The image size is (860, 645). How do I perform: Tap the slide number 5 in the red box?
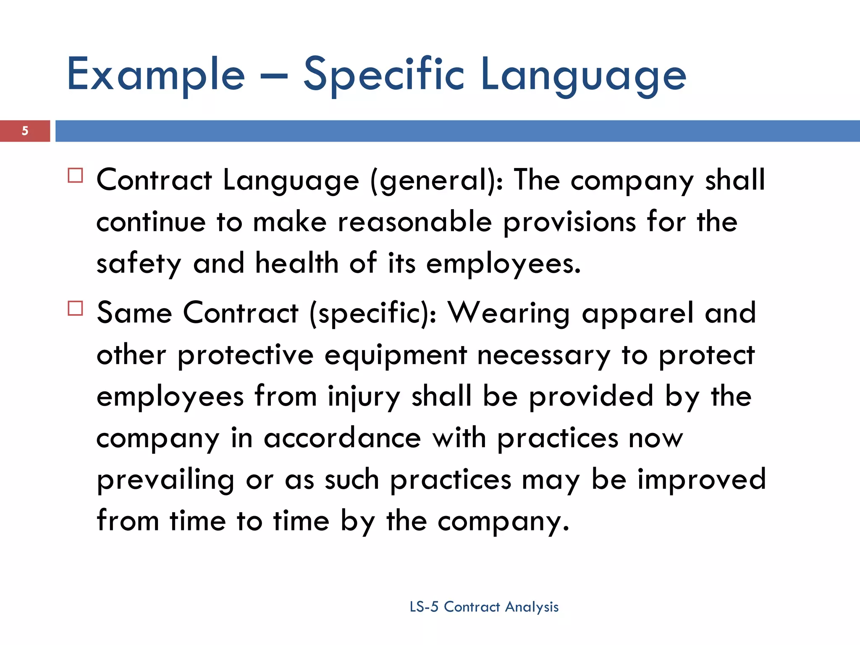point(25,131)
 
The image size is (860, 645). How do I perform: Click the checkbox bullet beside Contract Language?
point(75,175)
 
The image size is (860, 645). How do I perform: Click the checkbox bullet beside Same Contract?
point(75,308)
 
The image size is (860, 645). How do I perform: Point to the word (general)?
point(436,181)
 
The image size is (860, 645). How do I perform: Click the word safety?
point(139,264)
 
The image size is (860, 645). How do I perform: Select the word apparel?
point(638,313)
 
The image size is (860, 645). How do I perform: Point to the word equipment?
point(396,356)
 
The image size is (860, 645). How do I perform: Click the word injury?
point(364,397)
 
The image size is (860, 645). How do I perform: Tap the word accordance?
point(342,438)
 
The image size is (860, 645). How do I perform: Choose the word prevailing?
point(165,480)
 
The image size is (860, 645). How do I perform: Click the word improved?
point(702,480)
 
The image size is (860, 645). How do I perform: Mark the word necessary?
point(544,356)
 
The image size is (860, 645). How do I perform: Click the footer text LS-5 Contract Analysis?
point(484,607)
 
